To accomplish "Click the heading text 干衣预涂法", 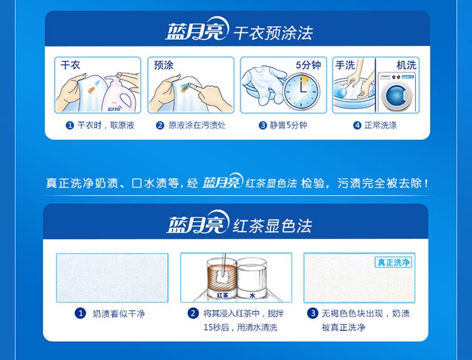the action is tap(273, 33).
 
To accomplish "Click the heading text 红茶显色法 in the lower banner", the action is tap(272, 225).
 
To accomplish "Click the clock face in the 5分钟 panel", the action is tap(301, 91).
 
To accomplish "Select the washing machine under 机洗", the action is tap(396, 92).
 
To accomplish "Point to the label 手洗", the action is tap(346, 65).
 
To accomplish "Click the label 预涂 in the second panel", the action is tap(164, 65).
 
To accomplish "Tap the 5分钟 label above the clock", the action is tap(308, 65).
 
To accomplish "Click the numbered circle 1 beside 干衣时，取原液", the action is tap(69, 125).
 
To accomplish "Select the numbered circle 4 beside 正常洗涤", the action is tap(357, 125).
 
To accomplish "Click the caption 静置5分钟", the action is tap(288, 125).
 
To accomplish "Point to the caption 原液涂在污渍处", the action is tap(197, 125).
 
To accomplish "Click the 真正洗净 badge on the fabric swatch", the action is tap(393, 262).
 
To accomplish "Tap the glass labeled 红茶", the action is tap(222, 278).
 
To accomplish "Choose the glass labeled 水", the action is tap(252, 278).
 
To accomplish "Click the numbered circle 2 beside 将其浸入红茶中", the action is tap(193, 313).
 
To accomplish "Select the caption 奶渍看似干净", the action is tap(118, 313).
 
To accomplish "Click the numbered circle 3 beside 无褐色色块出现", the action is tap(312, 313).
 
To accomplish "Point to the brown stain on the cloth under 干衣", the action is tap(91, 89).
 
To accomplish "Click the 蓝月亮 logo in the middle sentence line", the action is tap(222, 181).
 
